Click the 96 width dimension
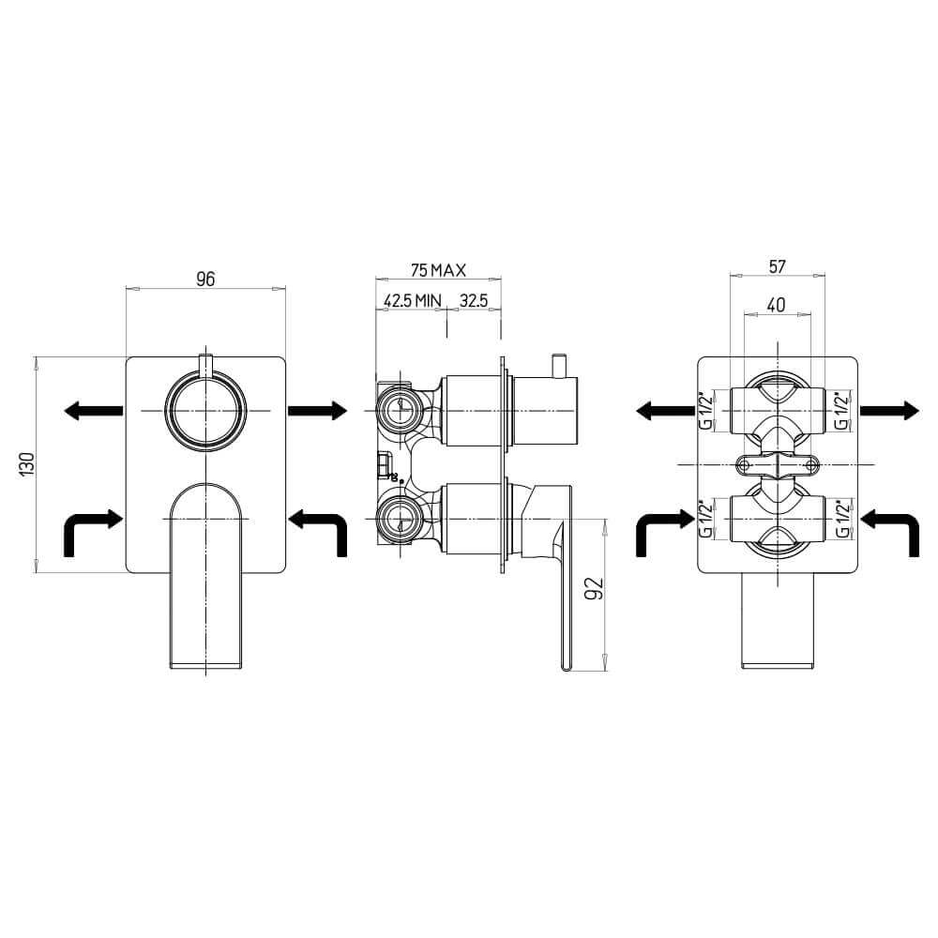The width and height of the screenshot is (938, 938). [205, 280]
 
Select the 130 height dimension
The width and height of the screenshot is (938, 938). [28, 464]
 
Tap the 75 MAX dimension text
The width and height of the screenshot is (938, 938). [438, 270]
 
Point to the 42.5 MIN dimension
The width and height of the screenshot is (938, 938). [412, 300]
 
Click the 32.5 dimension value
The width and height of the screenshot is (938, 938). [474, 300]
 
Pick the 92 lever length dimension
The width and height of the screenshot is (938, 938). [596, 589]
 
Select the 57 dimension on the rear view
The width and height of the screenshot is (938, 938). [777, 266]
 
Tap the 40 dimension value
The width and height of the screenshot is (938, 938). [776, 305]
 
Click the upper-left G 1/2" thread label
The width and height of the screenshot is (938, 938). [706, 411]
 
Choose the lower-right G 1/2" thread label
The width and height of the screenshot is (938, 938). [842, 519]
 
